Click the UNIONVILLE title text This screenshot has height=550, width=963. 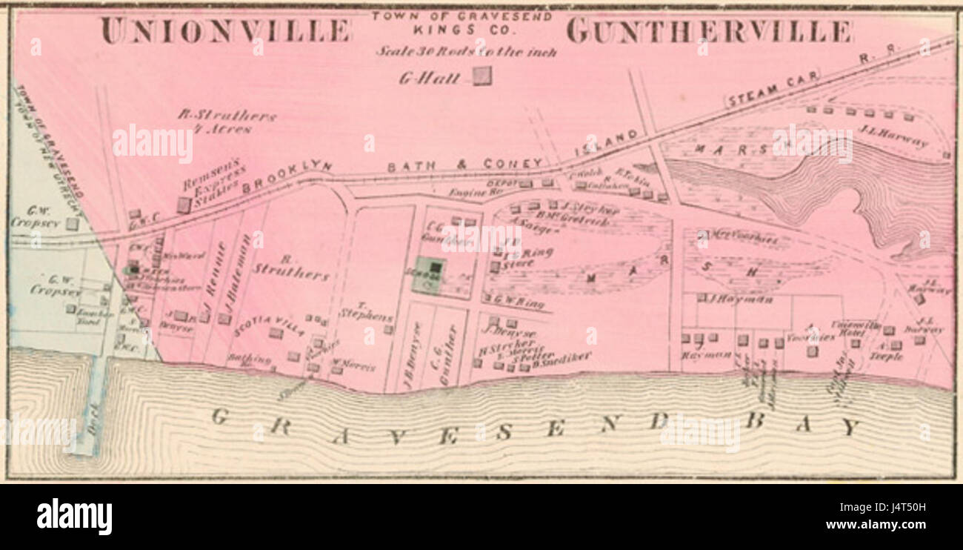point(225,31)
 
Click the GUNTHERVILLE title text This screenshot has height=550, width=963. point(709,31)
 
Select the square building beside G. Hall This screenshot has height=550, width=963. point(482,76)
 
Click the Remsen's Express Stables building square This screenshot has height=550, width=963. point(183,205)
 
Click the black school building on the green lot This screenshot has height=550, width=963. point(436,268)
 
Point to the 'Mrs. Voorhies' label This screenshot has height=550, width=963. point(741,238)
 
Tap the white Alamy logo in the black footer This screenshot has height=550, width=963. point(74,517)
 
